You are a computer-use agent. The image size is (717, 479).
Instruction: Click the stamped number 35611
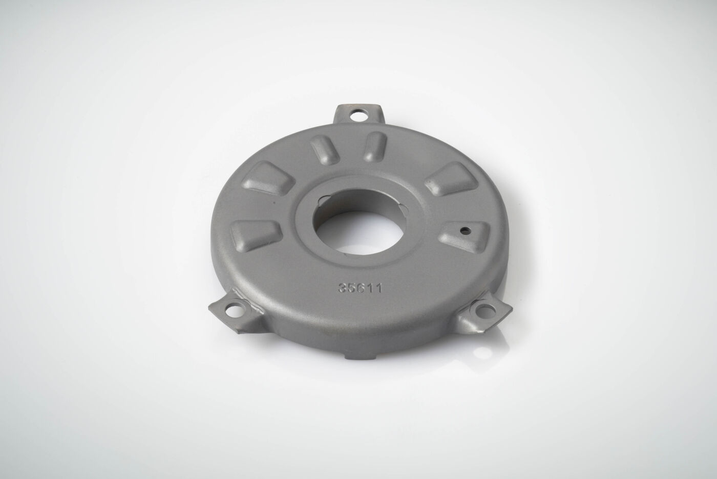(x=360, y=288)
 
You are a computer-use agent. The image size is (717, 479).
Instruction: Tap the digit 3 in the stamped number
(x=343, y=288)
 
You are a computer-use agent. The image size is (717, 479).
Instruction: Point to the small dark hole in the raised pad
(x=463, y=230)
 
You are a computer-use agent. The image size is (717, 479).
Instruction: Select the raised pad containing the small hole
(x=465, y=236)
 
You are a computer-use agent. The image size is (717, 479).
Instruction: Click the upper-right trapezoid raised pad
(x=452, y=178)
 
